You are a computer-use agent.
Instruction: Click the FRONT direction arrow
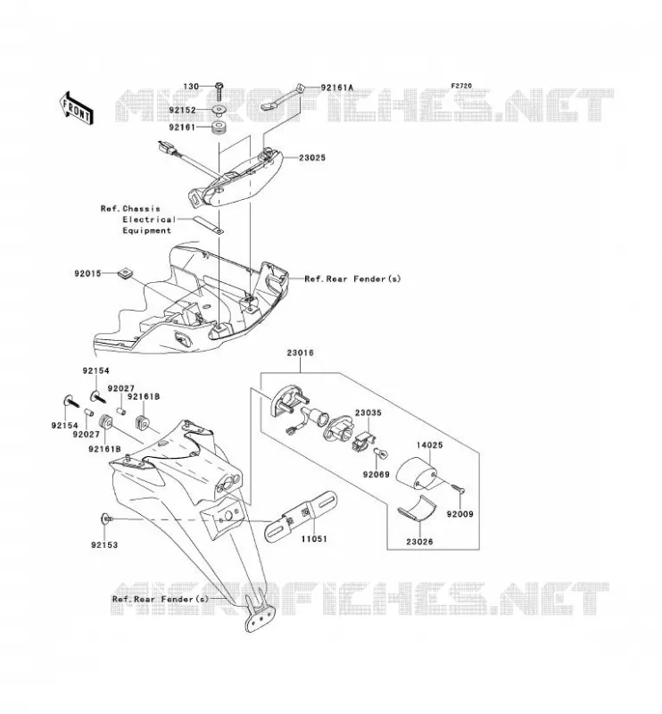point(77,108)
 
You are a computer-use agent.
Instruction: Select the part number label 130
point(191,87)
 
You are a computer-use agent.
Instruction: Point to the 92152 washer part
point(219,110)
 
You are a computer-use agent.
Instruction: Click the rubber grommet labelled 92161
point(219,127)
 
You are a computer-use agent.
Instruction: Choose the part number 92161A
point(337,87)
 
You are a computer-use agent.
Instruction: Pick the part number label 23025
point(312,158)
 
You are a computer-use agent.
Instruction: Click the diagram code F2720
point(461,86)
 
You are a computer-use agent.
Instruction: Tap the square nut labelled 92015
point(125,273)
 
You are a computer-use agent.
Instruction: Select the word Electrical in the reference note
point(149,220)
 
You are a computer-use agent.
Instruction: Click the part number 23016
point(300,353)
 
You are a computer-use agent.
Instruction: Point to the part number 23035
point(368,413)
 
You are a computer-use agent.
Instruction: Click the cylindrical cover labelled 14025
point(416,473)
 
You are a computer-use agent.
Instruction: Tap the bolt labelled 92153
point(105,519)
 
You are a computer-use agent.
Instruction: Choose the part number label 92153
point(104,545)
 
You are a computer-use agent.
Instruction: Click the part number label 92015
point(87,274)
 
